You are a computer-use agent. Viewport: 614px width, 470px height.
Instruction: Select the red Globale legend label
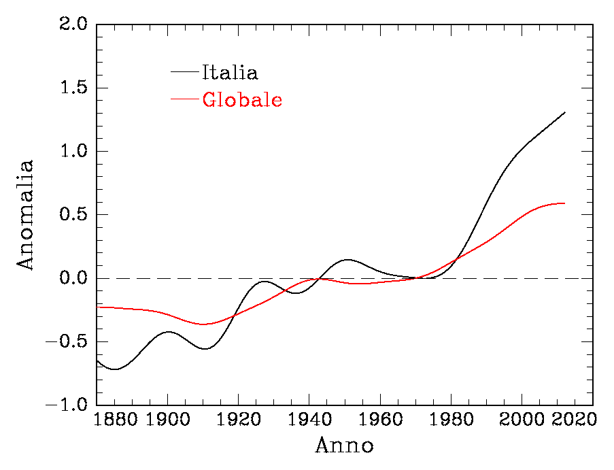(242, 100)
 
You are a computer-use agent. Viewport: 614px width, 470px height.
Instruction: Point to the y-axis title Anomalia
(25, 215)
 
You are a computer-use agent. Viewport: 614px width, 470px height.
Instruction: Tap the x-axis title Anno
(344, 446)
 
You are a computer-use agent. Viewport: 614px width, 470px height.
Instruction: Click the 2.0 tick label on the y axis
(73, 24)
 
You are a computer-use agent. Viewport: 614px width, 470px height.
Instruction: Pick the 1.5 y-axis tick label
(73, 88)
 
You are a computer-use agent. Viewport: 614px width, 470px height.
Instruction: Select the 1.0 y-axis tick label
(73, 152)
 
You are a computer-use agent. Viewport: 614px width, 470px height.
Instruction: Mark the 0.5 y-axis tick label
(73, 215)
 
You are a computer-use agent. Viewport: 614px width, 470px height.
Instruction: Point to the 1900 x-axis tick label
(167, 421)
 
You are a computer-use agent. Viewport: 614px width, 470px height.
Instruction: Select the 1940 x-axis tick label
(309, 421)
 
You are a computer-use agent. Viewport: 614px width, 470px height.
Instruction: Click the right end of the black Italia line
(565, 112)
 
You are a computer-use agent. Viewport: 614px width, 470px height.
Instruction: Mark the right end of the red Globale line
(565, 203)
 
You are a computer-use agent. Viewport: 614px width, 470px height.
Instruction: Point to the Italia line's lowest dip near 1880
(116, 369)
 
